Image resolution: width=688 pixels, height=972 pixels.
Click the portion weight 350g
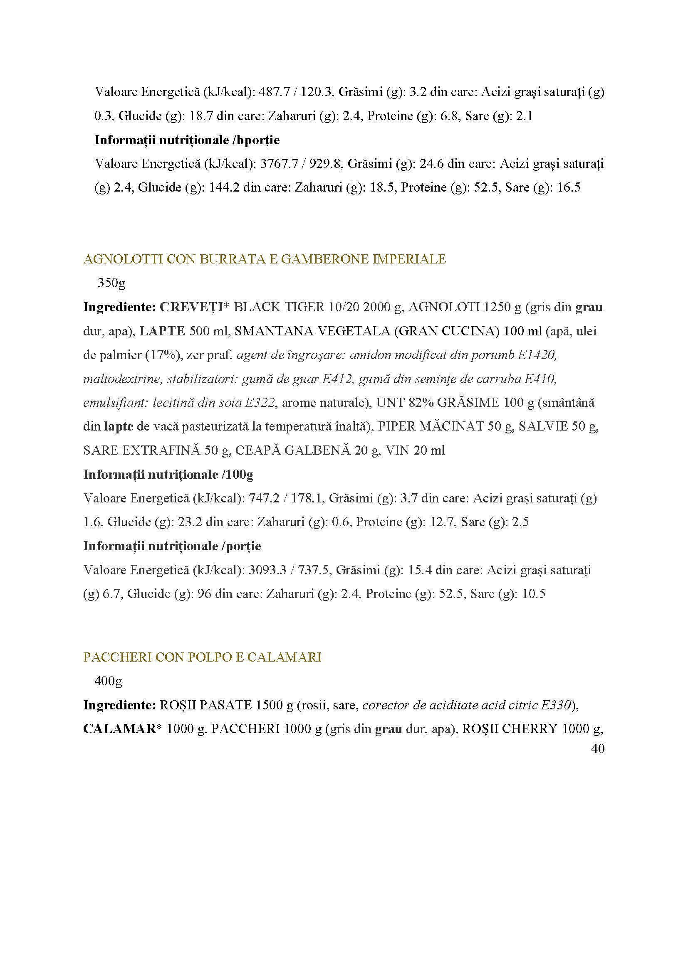tap(111, 283)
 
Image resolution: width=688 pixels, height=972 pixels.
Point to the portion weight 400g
tap(109, 681)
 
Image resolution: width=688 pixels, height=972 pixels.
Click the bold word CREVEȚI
tap(192, 307)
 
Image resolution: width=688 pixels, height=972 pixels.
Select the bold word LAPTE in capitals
tap(163, 331)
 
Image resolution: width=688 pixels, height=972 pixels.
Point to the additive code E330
tap(553, 705)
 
